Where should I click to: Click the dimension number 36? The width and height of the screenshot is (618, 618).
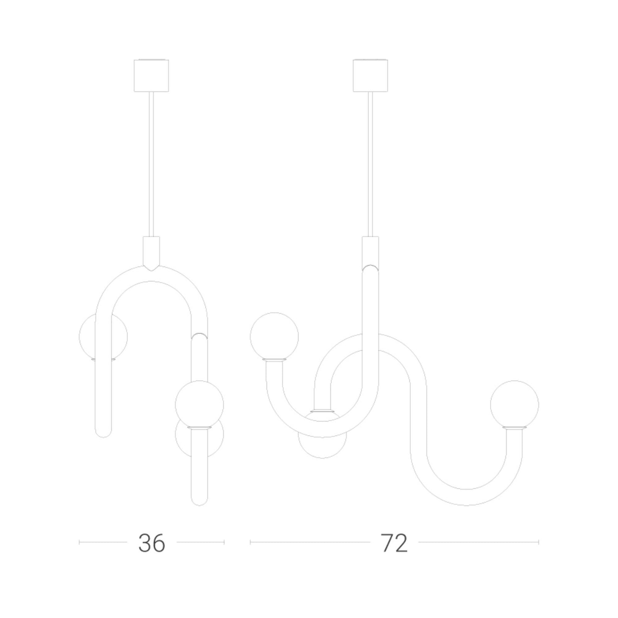coord(152,543)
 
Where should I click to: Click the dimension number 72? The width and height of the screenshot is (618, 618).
coord(394,543)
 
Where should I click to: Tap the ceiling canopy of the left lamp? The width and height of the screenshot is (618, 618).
coord(151,75)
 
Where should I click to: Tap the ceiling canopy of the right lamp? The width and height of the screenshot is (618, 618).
coord(370,75)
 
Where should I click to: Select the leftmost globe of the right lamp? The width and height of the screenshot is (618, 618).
coord(274,336)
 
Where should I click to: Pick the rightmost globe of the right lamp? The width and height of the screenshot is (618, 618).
coord(514,405)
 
